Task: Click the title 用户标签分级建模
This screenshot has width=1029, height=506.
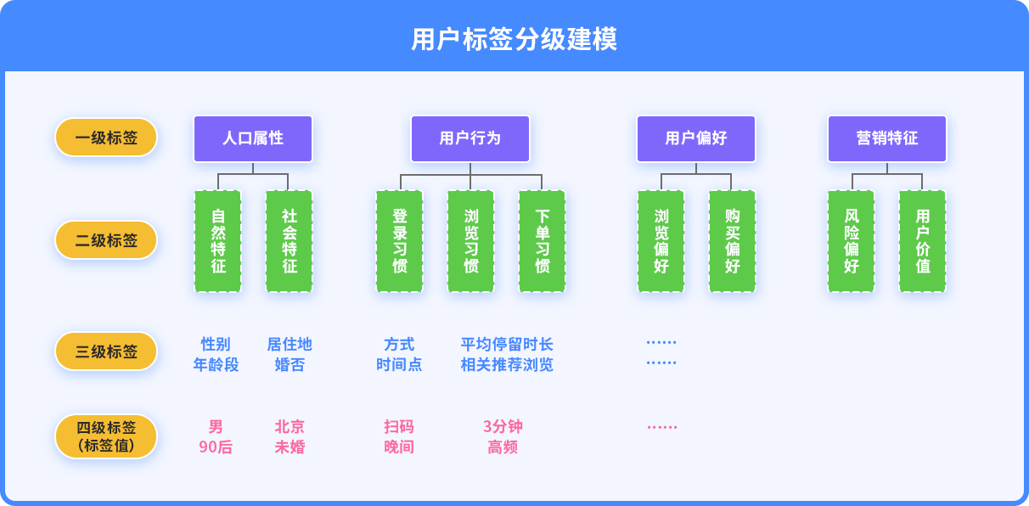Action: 514,39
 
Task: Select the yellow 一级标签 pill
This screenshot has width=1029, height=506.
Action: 106,138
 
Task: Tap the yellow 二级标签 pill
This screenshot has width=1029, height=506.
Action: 106,240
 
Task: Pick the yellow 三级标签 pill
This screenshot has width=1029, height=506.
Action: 106,351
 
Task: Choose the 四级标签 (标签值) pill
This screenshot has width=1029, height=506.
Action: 106,436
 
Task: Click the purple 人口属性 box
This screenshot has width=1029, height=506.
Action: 253,138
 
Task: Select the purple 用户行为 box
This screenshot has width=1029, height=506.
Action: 470,138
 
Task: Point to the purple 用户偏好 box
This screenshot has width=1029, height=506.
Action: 696,138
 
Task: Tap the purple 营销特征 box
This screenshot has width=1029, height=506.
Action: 887,138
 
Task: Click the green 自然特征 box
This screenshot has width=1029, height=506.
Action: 217,241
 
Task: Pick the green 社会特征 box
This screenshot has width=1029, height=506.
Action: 289,241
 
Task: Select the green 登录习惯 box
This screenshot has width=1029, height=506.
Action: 399,241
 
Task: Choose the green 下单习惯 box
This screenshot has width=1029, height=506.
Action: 542,241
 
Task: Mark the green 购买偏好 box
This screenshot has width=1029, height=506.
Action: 732,241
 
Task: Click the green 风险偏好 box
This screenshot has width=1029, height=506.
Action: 852,241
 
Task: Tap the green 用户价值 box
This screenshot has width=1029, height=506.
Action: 922,241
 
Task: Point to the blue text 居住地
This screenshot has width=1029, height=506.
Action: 290,345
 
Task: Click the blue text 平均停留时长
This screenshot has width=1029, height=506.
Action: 507,345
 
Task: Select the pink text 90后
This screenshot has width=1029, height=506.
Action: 216,447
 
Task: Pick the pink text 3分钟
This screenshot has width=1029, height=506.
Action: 503,426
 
